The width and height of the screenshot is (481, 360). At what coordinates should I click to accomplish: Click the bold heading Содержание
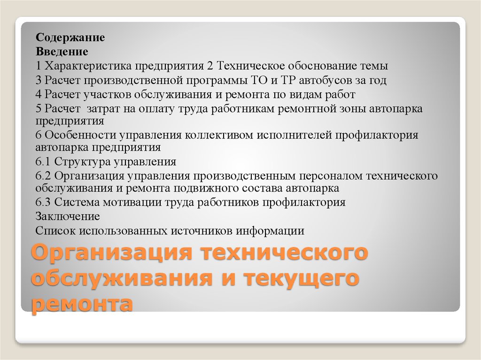coord(70,38)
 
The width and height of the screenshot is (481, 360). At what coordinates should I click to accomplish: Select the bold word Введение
coord(62,52)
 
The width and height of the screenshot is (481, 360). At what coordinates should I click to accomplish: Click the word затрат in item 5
coord(103,108)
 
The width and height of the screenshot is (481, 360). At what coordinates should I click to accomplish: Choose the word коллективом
coord(219,135)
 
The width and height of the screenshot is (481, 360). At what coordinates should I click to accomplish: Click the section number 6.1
coord(43,161)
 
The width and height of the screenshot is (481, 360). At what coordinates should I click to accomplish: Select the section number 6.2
coord(43,176)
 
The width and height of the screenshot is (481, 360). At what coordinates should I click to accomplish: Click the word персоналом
coord(331,176)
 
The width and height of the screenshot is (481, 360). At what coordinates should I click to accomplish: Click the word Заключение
coord(68,216)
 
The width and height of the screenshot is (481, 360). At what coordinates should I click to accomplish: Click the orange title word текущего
coord(302,278)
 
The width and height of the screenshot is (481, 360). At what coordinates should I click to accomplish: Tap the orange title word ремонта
coord(82,304)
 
